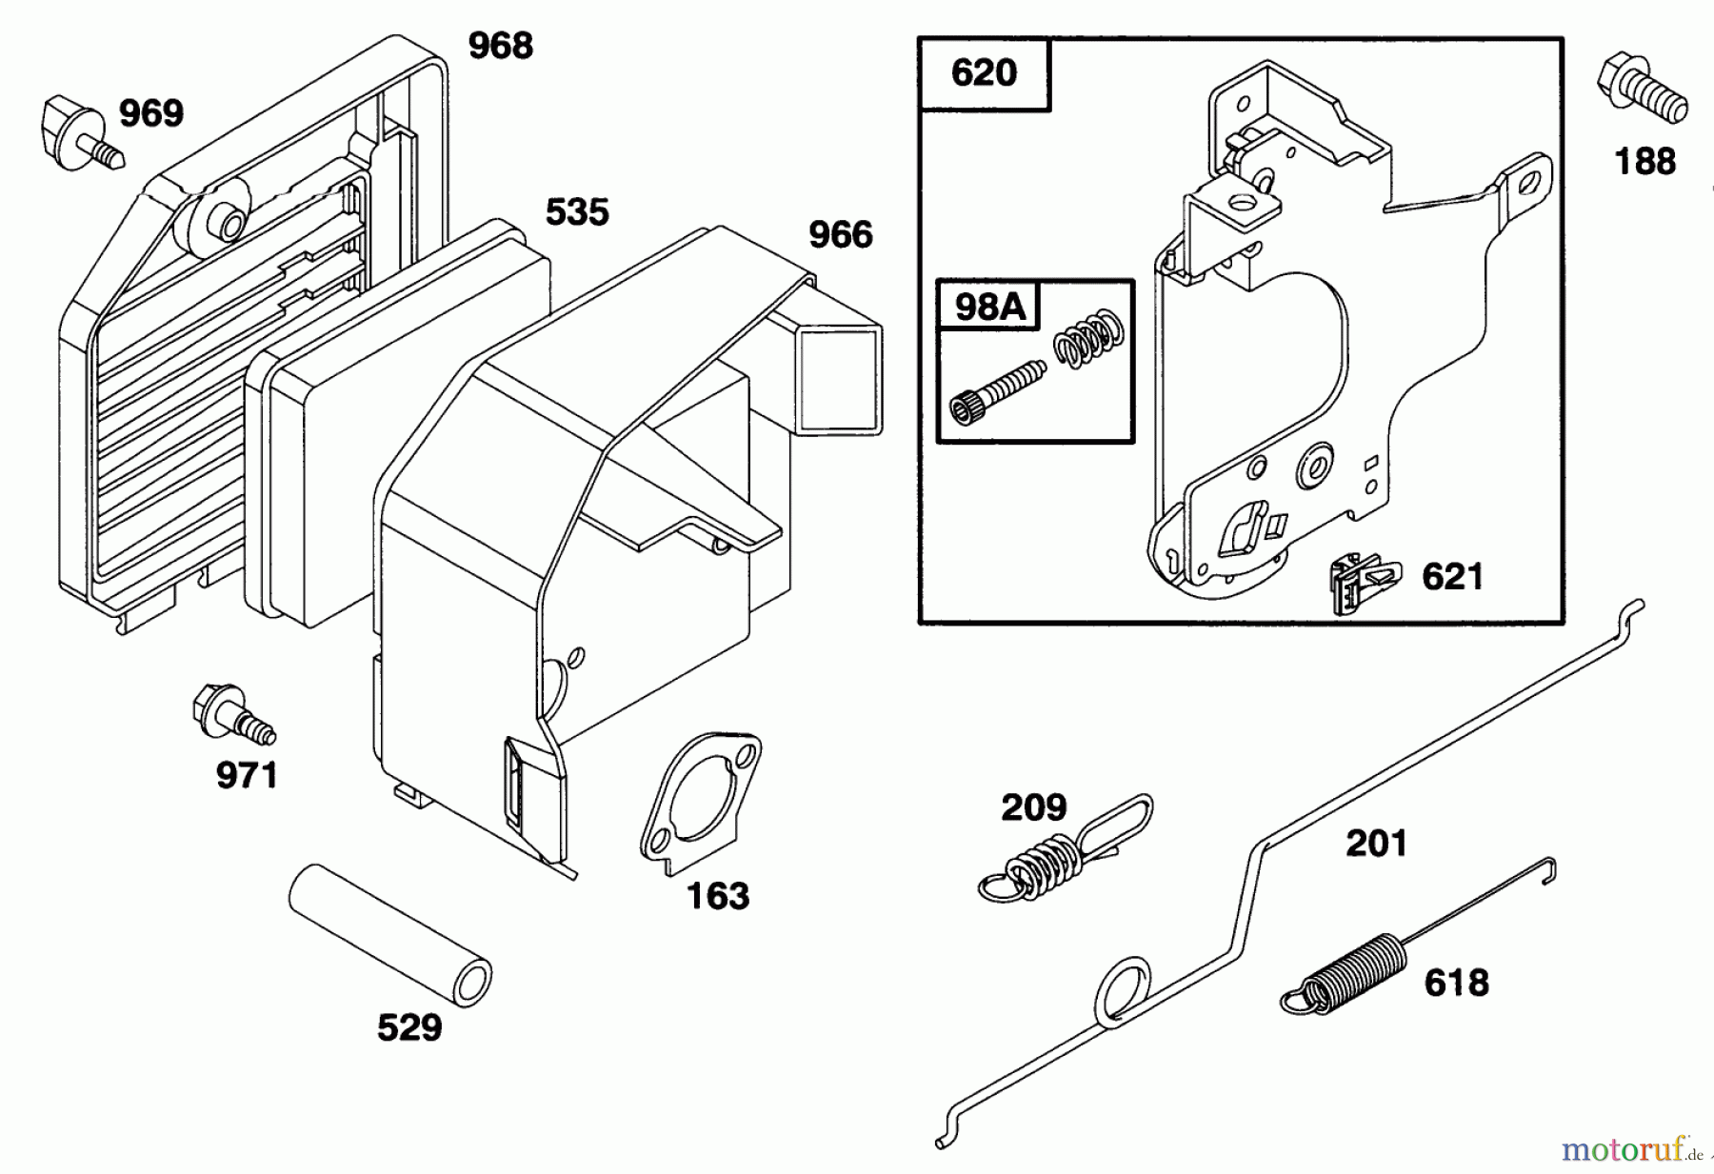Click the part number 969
pos(150,113)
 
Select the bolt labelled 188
pos(1641,90)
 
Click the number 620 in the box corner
pos(984,73)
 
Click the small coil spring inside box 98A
pos(1089,339)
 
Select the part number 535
pos(577,211)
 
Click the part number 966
pos(840,234)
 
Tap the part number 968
pos(500,45)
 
